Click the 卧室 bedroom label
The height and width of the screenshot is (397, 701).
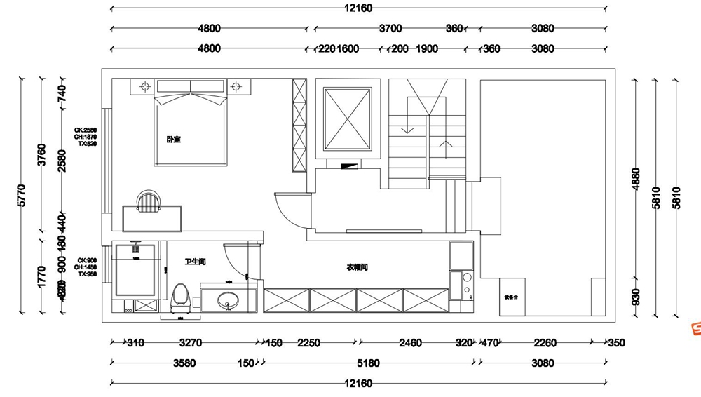[x=174, y=140]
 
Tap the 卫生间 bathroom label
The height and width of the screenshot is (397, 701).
[x=195, y=262]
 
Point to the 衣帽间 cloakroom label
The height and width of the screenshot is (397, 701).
[x=357, y=267]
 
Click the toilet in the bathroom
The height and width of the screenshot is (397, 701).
[x=180, y=297]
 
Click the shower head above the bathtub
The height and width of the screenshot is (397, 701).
[x=135, y=247]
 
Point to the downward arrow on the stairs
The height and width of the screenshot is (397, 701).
[x=405, y=128]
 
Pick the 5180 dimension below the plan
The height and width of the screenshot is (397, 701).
[x=367, y=363]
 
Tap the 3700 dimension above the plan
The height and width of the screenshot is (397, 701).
[x=390, y=29]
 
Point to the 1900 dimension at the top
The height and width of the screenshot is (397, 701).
[x=427, y=48]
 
